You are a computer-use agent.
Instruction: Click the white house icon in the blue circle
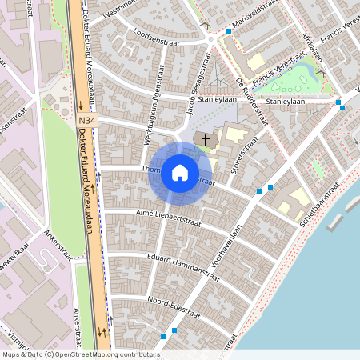tap(180, 173)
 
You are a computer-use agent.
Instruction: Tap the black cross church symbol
tap(206, 140)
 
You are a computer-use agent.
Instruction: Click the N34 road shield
tap(89, 121)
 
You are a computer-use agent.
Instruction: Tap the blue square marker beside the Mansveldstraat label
tap(229, 31)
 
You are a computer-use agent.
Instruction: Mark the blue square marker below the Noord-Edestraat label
tap(174, 329)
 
